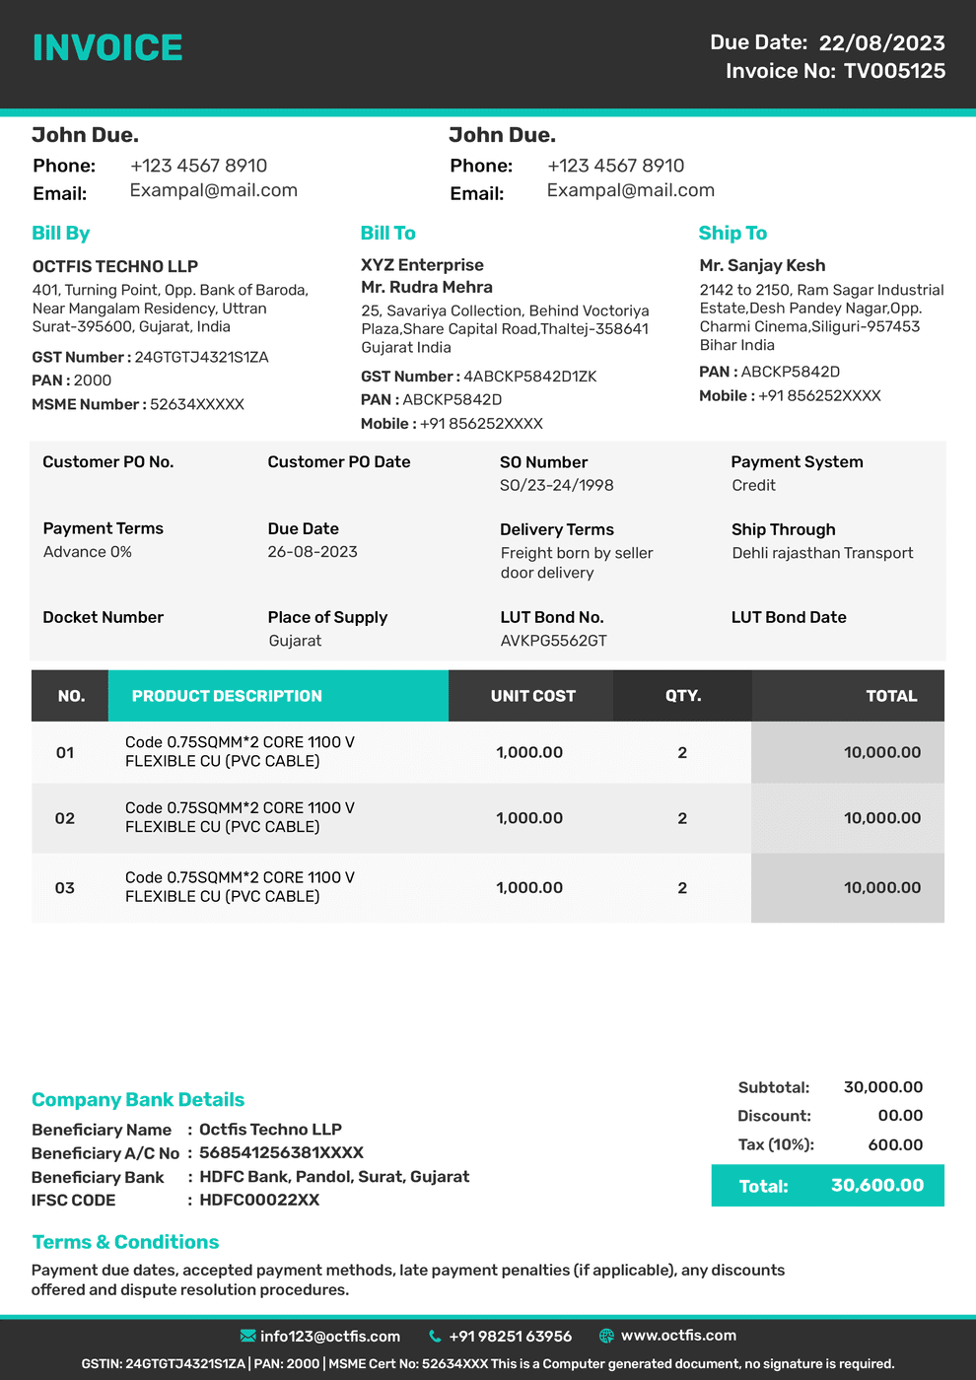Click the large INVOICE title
(107, 47)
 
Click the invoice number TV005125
(894, 71)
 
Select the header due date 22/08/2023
(881, 42)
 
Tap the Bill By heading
(60, 233)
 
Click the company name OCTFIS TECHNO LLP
(114, 266)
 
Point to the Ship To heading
(732, 233)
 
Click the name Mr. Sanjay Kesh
(762, 265)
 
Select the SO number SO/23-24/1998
(556, 485)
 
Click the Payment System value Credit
(753, 485)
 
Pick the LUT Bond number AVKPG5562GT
(553, 641)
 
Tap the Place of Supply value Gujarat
(295, 641)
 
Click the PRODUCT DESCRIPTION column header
(227, 696)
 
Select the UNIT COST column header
(532, 696)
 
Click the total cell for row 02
(881, 818)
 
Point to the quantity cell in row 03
(682, 888)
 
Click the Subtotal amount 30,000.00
(882, 1087)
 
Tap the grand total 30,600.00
(876, 1185)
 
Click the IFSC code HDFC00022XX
(259, 1200)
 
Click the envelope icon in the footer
(247, 1336)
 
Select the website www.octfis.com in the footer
(678, 1336)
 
